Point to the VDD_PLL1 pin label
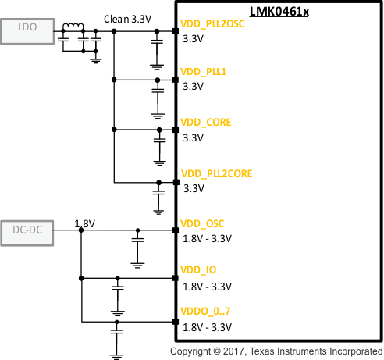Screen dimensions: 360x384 (x=203, y=72)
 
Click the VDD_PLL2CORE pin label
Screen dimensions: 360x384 (x=216, y=173)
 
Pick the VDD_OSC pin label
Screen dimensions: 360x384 (x=201, y=223)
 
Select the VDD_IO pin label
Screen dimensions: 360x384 (x=198, y=270)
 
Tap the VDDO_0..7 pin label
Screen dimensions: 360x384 (x=205, y=312)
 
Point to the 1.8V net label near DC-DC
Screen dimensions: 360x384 (x=84, y=223)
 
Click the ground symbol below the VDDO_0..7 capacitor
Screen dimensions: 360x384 (x=117, y=355)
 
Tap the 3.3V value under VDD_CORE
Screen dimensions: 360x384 (x=192, y=137)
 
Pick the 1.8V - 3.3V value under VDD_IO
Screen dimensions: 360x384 (x=208, y=287)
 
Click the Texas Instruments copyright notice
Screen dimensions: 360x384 (x=276, y=351)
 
